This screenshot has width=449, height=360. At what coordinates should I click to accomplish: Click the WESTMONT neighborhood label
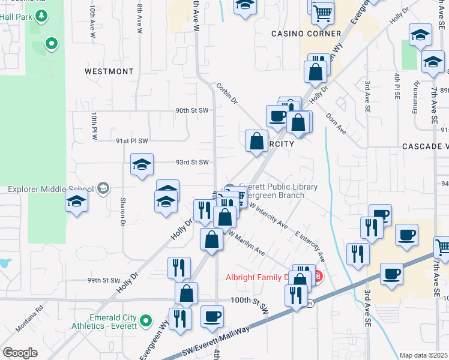click(109, 71)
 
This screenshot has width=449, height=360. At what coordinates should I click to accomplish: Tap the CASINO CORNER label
click(306, 34)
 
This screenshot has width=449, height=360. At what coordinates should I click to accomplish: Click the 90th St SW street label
click(191, 110)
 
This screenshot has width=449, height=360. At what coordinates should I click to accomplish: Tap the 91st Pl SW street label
click(131, 140)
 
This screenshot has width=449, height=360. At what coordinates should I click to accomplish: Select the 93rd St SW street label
click(191, 162)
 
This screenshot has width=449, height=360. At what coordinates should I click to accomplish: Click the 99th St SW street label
click(104, 280)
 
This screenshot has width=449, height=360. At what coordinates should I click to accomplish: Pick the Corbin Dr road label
click(228, 94)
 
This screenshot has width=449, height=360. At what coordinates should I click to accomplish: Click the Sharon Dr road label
click(122, 212)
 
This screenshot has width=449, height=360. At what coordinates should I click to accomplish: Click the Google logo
click(20, 353)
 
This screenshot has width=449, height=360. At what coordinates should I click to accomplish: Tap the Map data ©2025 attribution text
click(424, 355)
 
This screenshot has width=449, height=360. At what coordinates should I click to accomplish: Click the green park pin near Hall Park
click(52, 43)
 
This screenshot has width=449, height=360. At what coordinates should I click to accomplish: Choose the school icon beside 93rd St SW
click(142, 165)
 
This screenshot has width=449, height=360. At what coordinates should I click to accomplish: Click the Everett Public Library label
click(278, 187)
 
